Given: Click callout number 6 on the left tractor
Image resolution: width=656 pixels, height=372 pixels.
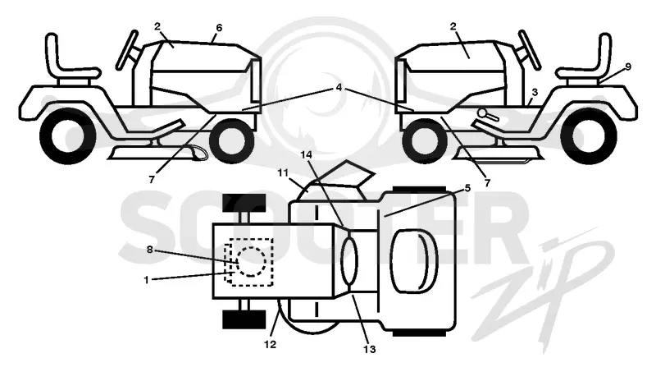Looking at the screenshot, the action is click(x=219, y=28).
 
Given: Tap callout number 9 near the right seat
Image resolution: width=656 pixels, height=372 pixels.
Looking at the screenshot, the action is click(x=628, y=67).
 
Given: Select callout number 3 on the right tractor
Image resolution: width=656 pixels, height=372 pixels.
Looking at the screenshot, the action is click(x=535, y=92).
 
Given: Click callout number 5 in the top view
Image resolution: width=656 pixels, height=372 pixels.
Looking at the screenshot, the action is click(x=467, y=189).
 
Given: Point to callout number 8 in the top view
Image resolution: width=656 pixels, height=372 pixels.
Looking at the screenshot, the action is click(x=150, y=250).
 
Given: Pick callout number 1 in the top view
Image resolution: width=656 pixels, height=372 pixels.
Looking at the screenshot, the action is click(x=146, y=280).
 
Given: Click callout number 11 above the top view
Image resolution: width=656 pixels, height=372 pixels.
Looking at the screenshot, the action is click(x=283, y=172).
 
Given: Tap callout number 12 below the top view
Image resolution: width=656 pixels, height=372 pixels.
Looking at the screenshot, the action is click(x=271, y=344).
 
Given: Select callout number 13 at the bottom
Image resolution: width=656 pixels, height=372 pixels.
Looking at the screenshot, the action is click(x=370, y=349).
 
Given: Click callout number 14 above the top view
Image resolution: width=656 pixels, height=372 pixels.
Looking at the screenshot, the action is click(x=306, y=155).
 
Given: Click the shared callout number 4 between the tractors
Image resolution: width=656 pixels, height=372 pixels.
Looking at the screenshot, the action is click(x=339, y=88).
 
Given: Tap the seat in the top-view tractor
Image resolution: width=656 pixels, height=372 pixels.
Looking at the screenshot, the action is click(x=414, y=262).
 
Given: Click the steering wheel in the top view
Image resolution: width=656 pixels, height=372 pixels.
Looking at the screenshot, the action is click(x=350, y=259).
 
